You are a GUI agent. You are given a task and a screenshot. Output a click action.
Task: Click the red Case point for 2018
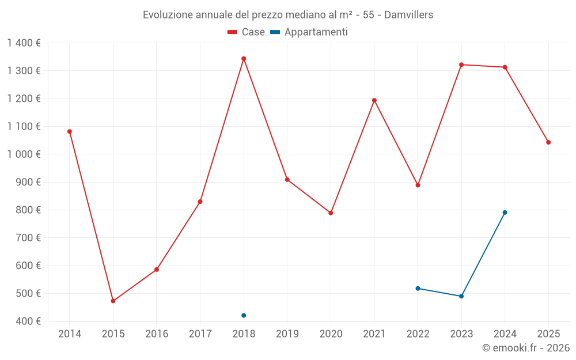click(x=244, y=59)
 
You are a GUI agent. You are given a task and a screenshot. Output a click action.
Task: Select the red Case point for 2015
click(x=113, y=301)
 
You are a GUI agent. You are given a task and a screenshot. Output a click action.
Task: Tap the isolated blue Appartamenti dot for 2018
click(x=244, y=316)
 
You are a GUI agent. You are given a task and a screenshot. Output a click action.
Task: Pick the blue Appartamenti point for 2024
click(x=505, y=213)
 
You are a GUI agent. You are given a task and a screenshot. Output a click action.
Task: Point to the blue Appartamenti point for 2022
click(x=418, y=289)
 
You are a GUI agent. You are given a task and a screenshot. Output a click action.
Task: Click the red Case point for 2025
click(x=548, y=142)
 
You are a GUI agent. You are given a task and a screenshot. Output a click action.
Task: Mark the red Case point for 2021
click(x=374, y=100)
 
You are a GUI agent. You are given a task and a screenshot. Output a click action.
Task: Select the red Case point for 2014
click(x=70, y=131)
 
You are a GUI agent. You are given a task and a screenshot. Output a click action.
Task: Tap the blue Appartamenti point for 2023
click(x=461, y=296)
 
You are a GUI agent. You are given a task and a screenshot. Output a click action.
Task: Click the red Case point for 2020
click(x=331, y=213)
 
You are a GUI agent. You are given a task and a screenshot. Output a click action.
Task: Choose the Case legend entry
click(x=246, y=32)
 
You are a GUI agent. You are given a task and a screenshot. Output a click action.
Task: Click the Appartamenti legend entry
click(x=309, y=32)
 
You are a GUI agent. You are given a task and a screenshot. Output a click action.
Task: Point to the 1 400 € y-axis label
click(x=24, y=43)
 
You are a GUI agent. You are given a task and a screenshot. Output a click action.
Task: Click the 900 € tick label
click(x=28, y=182)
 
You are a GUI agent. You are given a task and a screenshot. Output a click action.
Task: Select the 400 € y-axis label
click(x=28, y=321)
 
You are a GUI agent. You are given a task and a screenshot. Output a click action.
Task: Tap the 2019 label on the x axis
click(x=287, y=334)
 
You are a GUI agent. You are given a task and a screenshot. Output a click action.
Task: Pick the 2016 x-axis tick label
click(x=157, y=334)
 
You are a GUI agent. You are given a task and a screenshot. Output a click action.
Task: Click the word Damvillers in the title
click(x=408, y=15)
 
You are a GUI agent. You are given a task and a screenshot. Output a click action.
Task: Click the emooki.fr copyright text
click(x=526, y=347)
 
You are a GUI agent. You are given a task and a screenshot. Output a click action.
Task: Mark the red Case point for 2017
click(x=200, y=202)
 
